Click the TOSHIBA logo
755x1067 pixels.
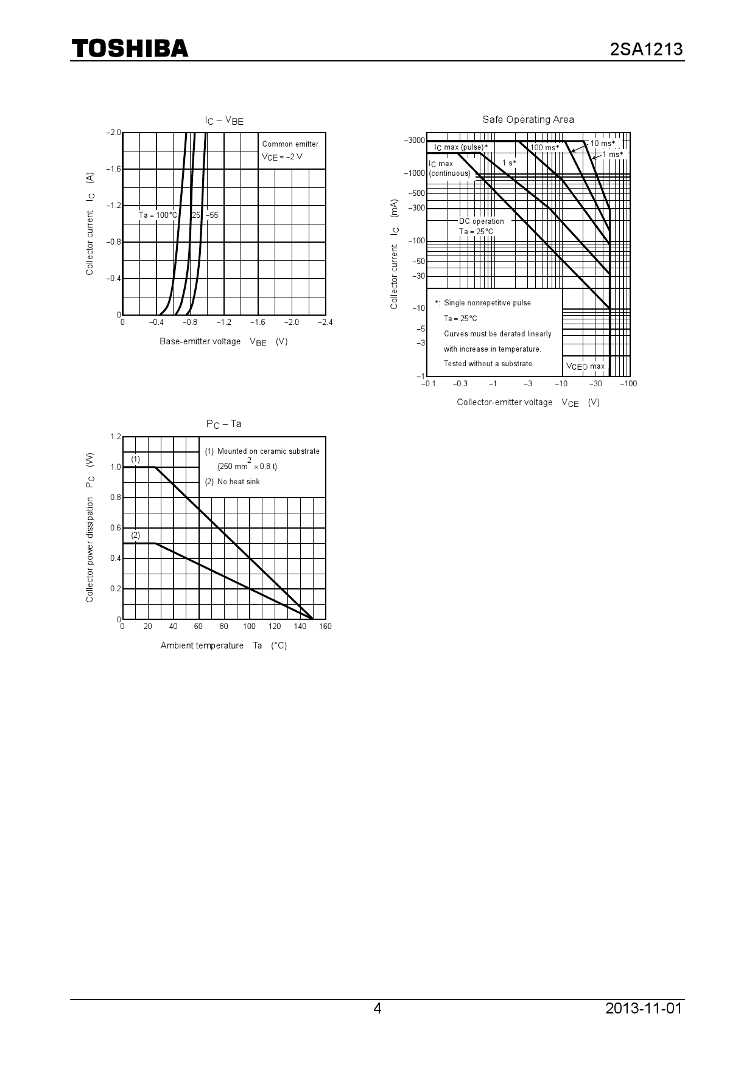coord(130,49)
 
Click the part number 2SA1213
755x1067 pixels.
coord(646,49)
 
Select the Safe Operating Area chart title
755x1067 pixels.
coord(528,120)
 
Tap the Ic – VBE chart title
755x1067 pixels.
coord(223,120)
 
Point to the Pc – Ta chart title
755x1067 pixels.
coord(223,424)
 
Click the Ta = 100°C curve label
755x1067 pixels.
coord(158,215)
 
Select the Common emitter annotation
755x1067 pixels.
coord(290,144)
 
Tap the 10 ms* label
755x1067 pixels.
coord(603,144)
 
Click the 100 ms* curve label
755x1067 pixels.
coord(544,148)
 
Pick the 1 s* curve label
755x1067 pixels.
coord(509,163)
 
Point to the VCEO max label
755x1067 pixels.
coord(585,367)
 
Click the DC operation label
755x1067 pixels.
coord(481,221)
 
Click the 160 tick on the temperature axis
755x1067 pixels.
coord(325,627)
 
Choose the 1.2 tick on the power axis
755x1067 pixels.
coord(116,437)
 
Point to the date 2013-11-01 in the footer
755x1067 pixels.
coord(644,1008)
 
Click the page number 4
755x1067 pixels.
coord(377,1008)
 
